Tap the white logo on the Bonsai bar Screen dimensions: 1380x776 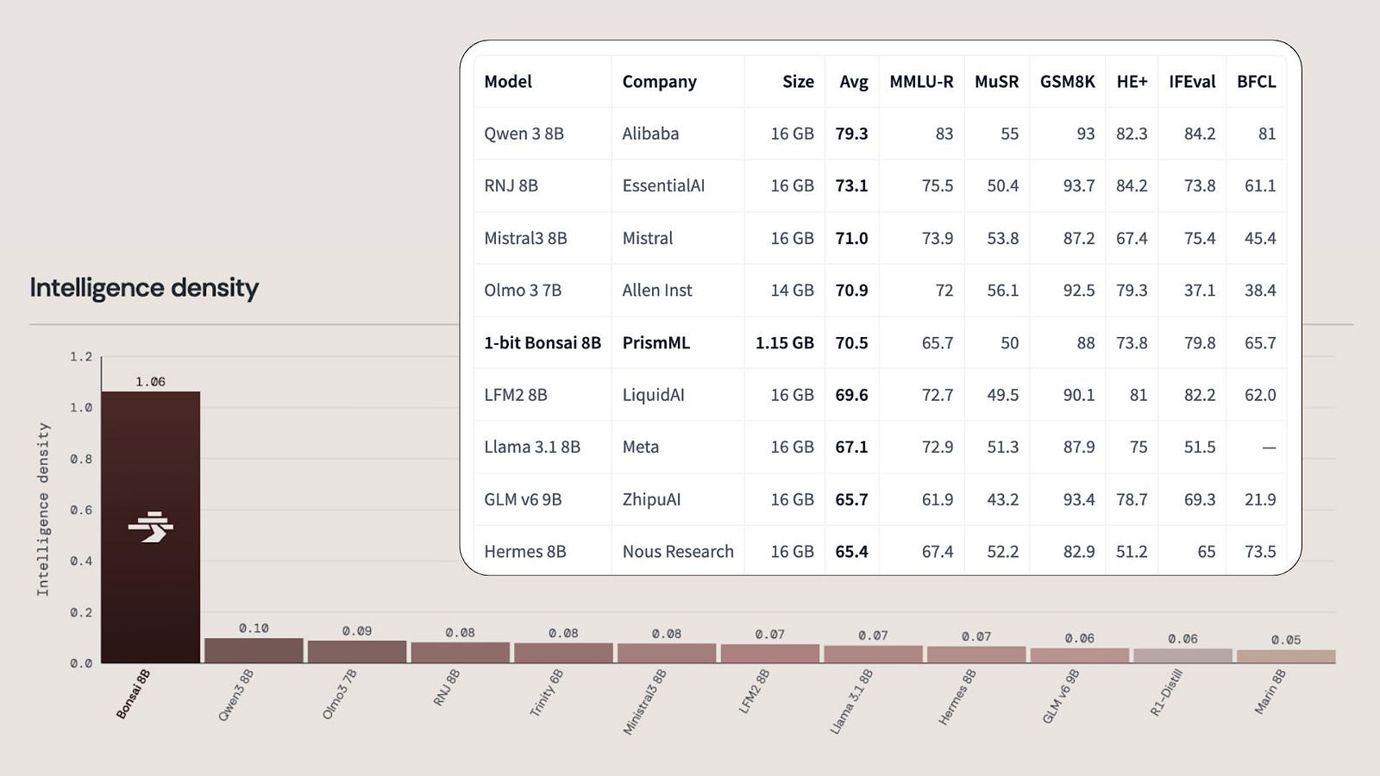point(150,527)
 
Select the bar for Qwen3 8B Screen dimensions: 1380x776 point(254,650)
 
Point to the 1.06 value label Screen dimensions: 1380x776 point(150,382)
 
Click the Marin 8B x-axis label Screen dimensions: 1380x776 point(1270,692)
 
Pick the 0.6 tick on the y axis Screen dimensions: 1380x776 point(81,510)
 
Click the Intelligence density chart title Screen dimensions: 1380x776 point(144,288)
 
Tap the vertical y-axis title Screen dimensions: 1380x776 point(42,510)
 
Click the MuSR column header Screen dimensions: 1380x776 point(996,81)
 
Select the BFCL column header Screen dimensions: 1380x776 point(1256,81)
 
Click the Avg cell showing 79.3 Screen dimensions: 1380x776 point(851,133)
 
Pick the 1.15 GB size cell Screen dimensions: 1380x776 point(784,342)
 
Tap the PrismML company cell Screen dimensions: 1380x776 point(656,342)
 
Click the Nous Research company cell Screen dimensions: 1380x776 point(678,551)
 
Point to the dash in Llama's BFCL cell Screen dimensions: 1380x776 point(1269,447)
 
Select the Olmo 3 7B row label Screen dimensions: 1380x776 point(523,290)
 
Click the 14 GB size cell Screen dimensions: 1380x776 point(793,290)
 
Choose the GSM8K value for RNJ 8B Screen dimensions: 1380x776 point(1079,185)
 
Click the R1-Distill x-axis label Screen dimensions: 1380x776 point(1166,693)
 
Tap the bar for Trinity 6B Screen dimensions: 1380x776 point(564,653)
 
